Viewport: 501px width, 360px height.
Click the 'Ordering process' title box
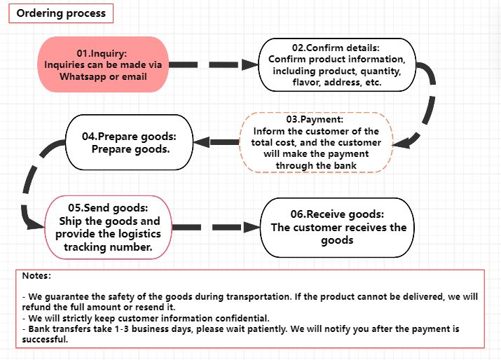(x=61, y=13)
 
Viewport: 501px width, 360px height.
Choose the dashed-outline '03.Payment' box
(x=316, y=142)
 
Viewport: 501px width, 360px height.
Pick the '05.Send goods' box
(x=108, y=228)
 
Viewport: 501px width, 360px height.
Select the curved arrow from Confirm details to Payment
(x=427, y=105)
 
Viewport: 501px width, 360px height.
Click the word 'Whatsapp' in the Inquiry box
(x=82, y=76)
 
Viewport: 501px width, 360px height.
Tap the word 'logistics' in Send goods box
(x=138, y=234)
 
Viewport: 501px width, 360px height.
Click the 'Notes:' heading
(x=36, y=277)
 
